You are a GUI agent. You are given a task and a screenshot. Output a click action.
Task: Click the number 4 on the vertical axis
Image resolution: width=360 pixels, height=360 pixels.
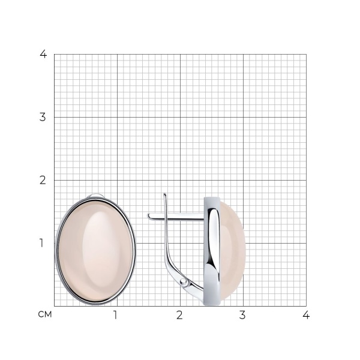click(43, 54)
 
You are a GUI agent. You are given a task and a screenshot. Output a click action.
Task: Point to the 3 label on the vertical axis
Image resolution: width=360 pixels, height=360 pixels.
click(43, 117)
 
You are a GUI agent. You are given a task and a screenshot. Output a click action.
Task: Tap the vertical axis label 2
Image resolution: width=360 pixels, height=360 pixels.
click(43, 180)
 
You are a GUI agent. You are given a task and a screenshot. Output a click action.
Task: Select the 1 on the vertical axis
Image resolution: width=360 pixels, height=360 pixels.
click(41, 243)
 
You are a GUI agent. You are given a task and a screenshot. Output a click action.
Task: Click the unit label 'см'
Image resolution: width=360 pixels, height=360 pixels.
click(45, 314)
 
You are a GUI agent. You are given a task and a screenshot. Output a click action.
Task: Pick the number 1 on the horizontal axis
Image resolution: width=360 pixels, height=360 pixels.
click(115, 315)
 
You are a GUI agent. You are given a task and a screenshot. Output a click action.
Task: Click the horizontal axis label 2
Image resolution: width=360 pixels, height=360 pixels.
click(179, 315)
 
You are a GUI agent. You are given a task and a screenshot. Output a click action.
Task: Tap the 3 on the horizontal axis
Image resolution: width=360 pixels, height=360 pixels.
click(242, 315)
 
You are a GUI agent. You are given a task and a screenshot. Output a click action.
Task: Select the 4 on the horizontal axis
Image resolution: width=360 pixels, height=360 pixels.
click(306, 315)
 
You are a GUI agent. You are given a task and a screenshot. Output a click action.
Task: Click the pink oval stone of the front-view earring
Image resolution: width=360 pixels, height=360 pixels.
click(95, 251)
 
